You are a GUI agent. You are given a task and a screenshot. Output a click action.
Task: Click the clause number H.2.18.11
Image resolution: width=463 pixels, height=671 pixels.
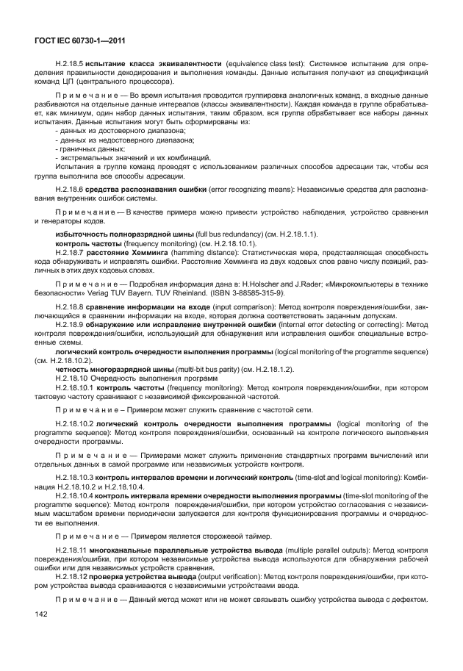(71, 549)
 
